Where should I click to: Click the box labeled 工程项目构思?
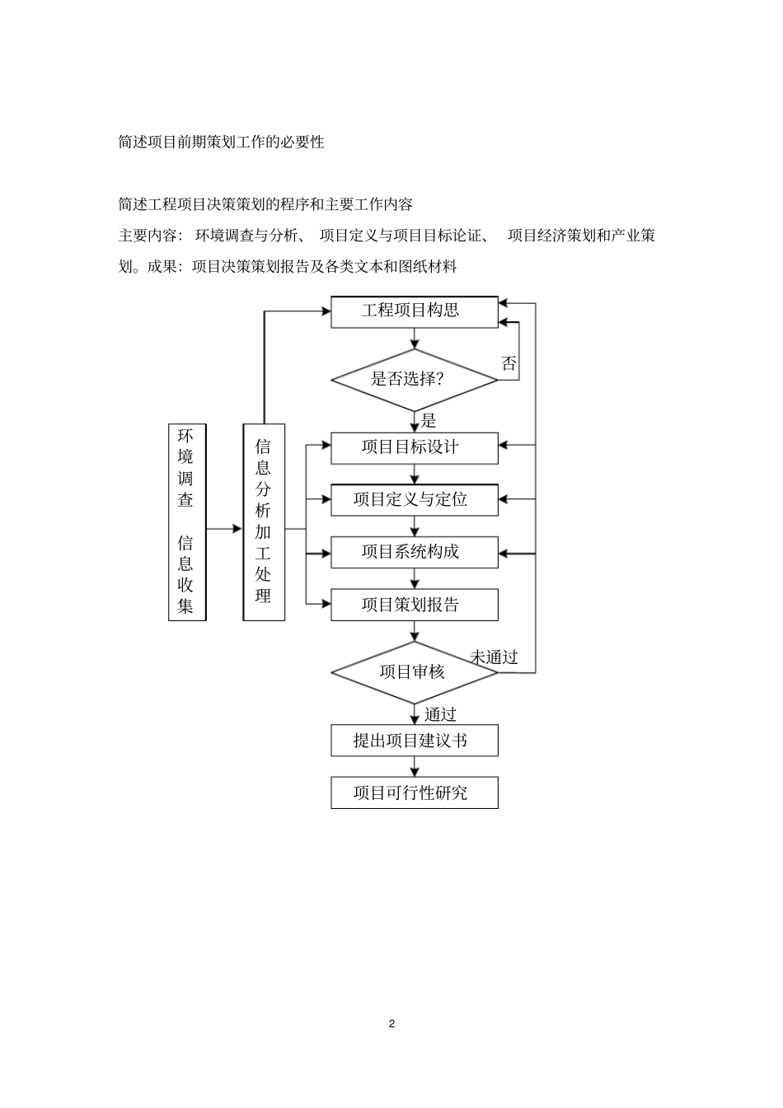click(x=414, y=311)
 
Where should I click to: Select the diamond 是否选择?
click(x=414, y=380)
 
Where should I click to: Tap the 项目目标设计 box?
click(x=414, y=447)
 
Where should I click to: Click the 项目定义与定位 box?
click(x=414, y=499)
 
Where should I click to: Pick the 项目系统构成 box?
click(x=414, y=552)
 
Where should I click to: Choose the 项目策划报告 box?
click(x=414, y=605)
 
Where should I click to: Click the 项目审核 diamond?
click(x=414, y=672)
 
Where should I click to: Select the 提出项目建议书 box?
click(x=414, y=741)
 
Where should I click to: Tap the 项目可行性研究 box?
click(x=414, y=792)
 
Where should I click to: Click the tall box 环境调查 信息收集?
click(x=187, y=521)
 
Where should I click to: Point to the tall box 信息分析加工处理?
click(x=264, y=521)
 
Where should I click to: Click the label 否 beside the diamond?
click(x=509, y=363)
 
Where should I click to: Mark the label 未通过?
click(x=494, y=657)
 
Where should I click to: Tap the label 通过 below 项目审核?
click(x=440, y=714)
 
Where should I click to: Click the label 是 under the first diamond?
click(x=429, y=421)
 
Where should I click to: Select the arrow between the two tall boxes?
click(x=224, y=529)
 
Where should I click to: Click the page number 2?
click(x=391, y=1023)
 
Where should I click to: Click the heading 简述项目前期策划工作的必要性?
click(x=221, y=142)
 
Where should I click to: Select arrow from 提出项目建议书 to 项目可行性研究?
click(x=415, y=766)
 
